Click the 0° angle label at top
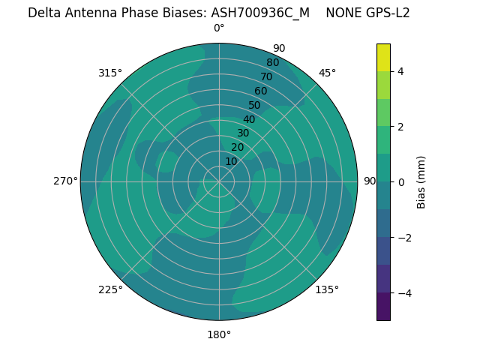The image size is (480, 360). pos(219,28)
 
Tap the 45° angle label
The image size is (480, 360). pos(327,73)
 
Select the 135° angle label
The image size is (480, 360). pos(327,289)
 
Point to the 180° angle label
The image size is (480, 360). pos(219,334)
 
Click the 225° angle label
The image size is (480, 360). pos(110,289)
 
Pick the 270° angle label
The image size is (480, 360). pos(65,181)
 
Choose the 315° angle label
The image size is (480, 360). pos(110,73)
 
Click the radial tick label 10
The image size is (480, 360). pos(231,161)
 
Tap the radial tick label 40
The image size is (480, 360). pos(249,119)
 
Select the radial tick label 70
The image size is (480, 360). pos(266,77)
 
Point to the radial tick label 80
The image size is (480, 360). pos(272,63)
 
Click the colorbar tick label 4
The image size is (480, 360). pos(401,71)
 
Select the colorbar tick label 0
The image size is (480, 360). pos(401,181)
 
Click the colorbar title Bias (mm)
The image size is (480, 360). pos(421,181)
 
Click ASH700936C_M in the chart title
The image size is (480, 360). pos(260,13)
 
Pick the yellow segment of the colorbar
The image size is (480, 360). pos(383,57)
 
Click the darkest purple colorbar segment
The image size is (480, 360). pos(383,306)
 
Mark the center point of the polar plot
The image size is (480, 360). pos(219,181)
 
